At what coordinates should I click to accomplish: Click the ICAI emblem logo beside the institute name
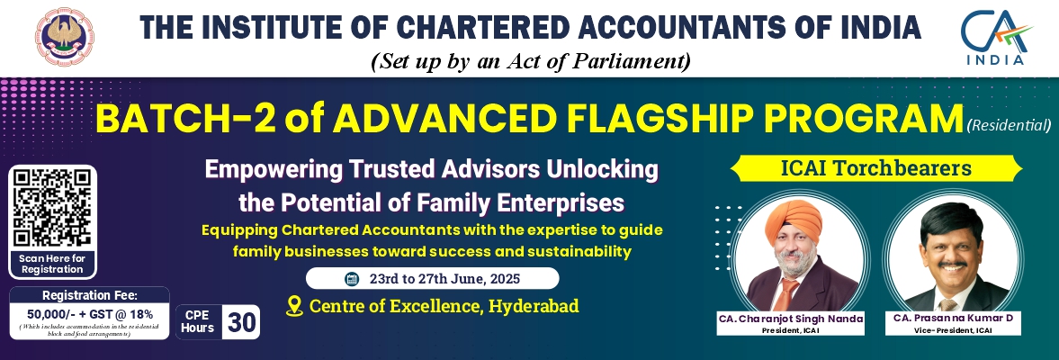[65, 38]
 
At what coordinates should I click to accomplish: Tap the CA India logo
[996, 38]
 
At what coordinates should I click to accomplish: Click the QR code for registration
[53, 207]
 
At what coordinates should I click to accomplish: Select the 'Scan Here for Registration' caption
[52, 264]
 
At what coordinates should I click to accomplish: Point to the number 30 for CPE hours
[241, 323]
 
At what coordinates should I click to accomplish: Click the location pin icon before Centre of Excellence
[294, 307]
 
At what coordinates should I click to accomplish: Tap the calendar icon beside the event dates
[351, 278]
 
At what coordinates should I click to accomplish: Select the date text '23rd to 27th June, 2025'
[444, 278]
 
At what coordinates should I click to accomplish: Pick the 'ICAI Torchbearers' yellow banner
[876, 168]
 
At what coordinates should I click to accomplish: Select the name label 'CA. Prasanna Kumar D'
[953, 318]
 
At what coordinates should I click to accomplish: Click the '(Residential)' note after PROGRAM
[1009, 125]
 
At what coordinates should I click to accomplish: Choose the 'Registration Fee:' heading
[90, 295]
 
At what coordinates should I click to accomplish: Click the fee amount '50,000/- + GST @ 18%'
[90, 314]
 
